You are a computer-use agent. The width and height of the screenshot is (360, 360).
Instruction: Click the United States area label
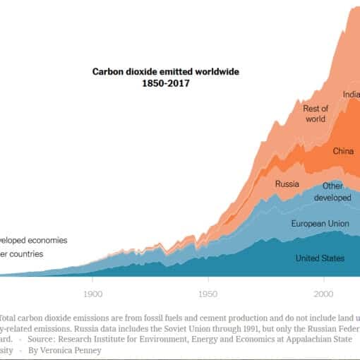tap(320, 258)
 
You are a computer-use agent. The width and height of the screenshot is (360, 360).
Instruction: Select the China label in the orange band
tap(343, 151)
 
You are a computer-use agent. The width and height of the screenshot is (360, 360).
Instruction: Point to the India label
tap(352, 95)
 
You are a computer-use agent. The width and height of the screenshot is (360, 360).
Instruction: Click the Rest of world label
tap(315, 114)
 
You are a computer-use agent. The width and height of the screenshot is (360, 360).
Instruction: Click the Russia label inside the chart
tap(287, 185)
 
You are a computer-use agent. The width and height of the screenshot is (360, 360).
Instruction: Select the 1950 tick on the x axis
tap(208, 293)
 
